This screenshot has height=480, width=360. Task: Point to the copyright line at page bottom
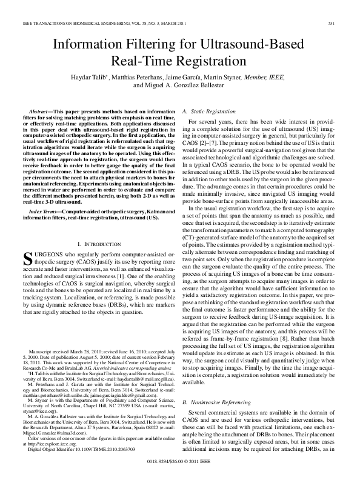click(180, 462)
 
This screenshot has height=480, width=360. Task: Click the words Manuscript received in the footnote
click(49, 369)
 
